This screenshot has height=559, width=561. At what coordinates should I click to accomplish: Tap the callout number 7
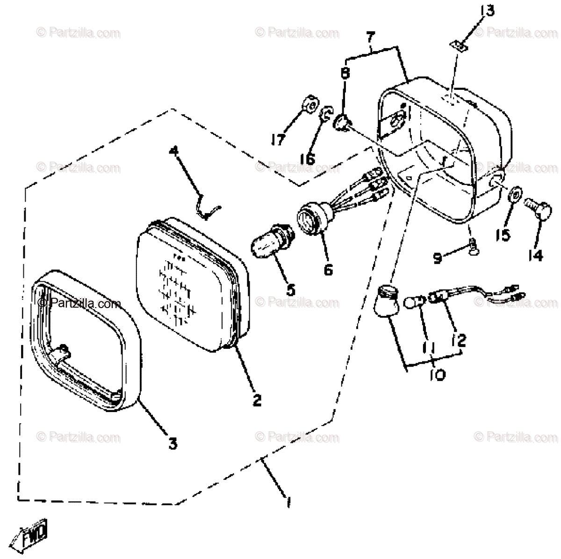coord(370,36)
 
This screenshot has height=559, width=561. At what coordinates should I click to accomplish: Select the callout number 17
coord(278,139)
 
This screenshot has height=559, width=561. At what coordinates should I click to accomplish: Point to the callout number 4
coord(174,151)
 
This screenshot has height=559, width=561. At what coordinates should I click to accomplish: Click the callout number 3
coord(173,442)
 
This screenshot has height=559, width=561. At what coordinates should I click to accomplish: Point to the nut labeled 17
coord(308,109)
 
